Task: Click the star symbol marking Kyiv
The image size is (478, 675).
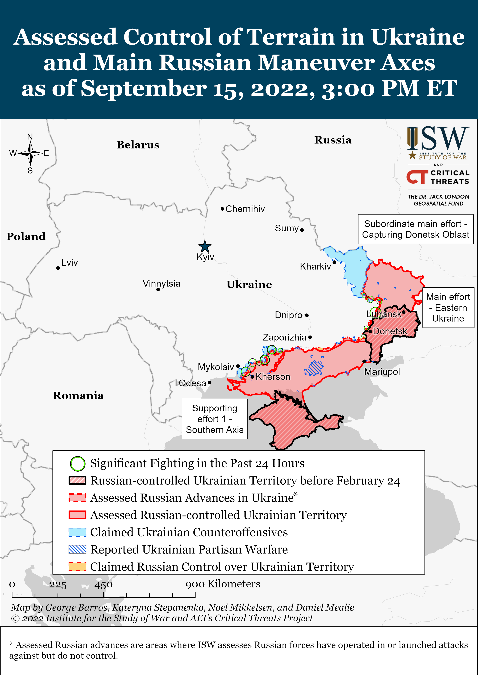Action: (x=205, y=246)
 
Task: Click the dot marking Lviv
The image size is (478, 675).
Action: (x=58, y=268)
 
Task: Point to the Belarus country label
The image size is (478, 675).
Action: (x=138, y=145)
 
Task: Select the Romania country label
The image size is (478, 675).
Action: (x=78, y=395)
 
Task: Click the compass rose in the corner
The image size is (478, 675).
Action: (x=30, y=153)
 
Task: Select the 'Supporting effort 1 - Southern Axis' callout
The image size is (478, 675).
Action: (x=215, y=419)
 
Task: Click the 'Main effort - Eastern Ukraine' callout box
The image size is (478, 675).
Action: (x=448, y=308)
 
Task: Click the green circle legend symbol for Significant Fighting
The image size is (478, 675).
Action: (x=77, y=464)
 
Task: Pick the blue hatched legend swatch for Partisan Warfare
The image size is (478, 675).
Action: (x=77, y=549)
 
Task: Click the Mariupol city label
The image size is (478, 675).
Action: (x=382, y=372)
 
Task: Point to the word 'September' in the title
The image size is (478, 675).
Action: (x=144, y=88)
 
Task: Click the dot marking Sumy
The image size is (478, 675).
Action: (x=302, y=230)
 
